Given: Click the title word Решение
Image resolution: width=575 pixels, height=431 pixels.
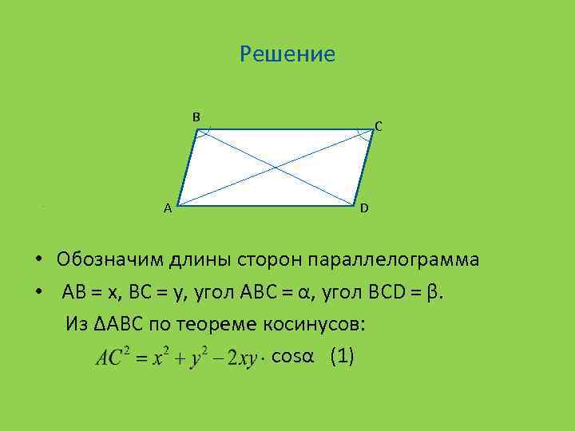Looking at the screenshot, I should point(287,54).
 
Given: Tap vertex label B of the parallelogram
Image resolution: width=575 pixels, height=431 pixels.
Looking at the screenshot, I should point(196,117).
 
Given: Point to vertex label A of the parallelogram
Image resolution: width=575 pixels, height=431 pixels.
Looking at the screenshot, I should point(167,209).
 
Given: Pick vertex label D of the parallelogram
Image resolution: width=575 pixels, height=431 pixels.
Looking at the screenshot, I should point(363,208).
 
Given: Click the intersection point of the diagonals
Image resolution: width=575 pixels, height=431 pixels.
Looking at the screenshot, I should point(276,167).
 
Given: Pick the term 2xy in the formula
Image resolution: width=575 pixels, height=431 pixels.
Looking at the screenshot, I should point(241,359).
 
